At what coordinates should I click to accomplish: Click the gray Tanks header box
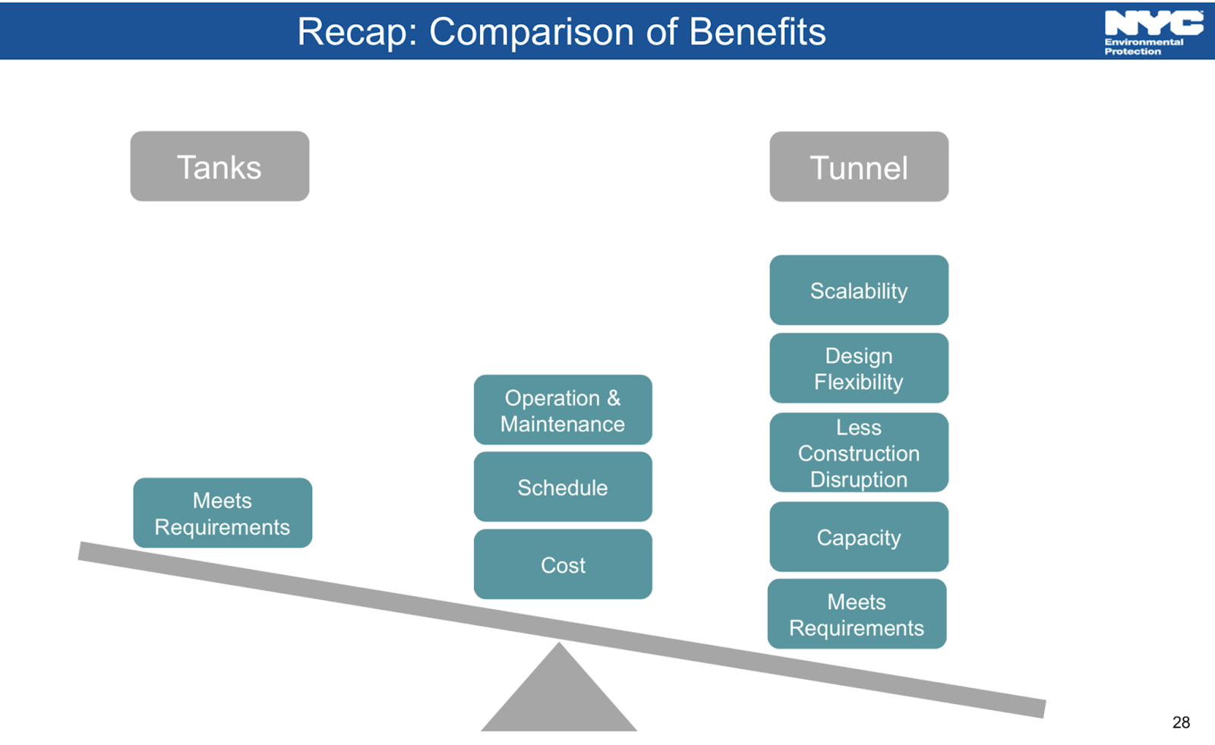click(x=219, y=166)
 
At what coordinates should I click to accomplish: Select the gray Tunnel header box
click(x=859, y=167)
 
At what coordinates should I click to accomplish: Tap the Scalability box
click(x=859, y=290)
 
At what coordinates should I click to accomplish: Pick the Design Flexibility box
click(x=859, y=368)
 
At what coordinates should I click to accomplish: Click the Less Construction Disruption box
click(x=859, y=453)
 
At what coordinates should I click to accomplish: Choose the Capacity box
click(x=859, y=537)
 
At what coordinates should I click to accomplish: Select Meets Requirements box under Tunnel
click(x=857, y=614)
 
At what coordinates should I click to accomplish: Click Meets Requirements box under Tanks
click(x=222, y=513)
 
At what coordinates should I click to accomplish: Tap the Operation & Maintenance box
click(x=563, y=410)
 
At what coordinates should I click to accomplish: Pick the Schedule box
click(x=563, y=487)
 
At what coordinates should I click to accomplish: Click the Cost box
click(x=563, y=564)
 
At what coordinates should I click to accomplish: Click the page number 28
click(x=1181, y=722)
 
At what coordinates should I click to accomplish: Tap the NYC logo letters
click(x=1153, y=23)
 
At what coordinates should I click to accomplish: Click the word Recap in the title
click(x=357, y=33)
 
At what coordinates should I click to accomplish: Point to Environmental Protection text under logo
click(x=1143, y=47)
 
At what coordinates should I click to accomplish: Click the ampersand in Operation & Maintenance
click(x=614, y=398)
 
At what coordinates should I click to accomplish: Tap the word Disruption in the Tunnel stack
click(x=859, y=480)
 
